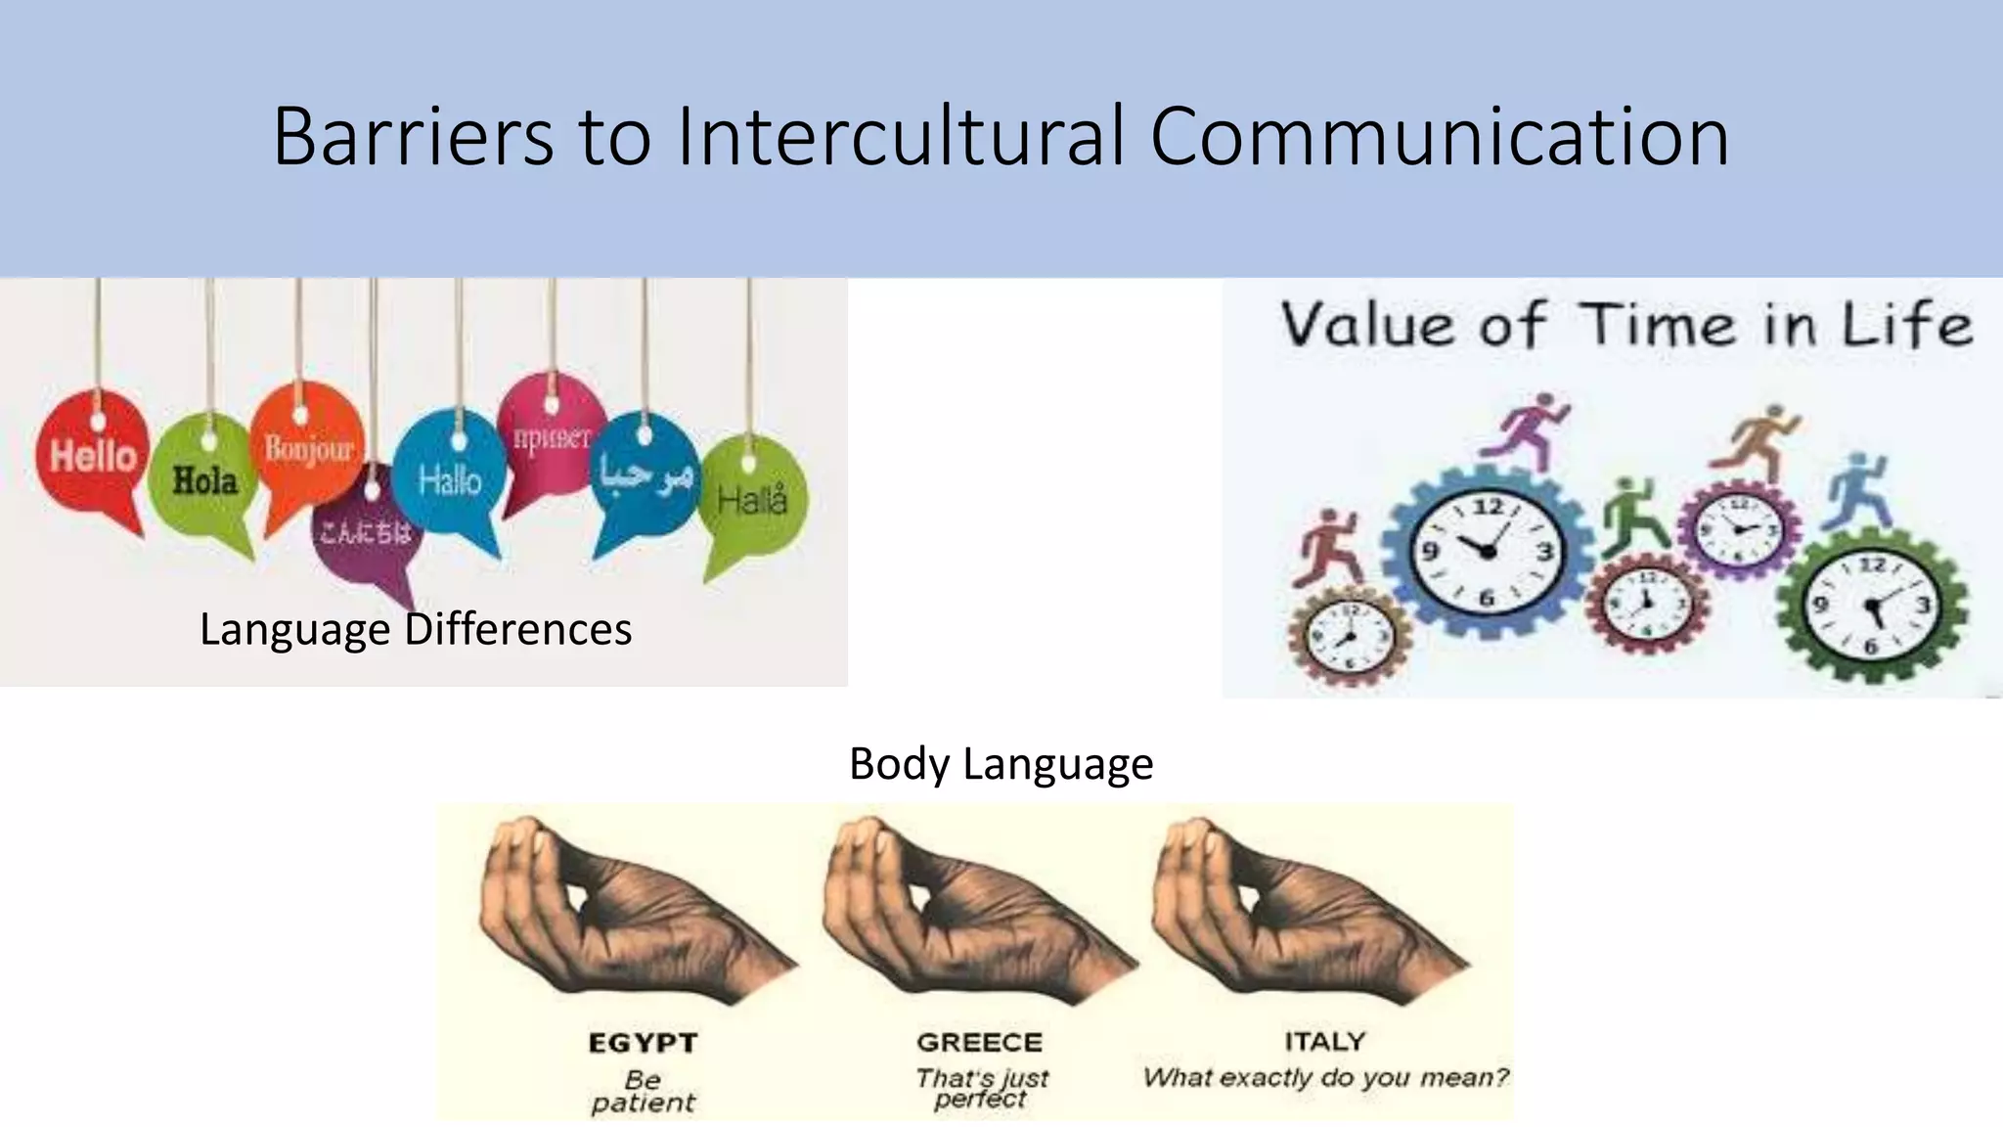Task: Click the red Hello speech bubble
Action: pos(93,456)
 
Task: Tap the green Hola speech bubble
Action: pos(204,480)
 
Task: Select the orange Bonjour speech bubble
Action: pos(307,449)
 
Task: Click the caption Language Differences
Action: pos(416,629)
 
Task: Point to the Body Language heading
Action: pos(1001,763)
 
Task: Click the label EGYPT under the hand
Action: pos(643,1043)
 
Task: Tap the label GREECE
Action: pos(979,1042)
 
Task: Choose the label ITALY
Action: pos(1324,1041)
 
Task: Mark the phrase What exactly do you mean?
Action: pos(1325,1077)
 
